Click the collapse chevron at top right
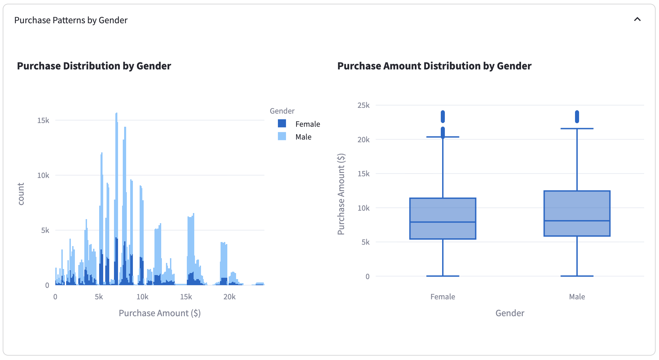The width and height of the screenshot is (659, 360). (637, 20)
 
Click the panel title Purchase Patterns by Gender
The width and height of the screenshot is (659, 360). (71, 20)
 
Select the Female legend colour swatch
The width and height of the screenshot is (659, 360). (282, 124)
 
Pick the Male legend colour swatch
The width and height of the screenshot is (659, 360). (282, 137)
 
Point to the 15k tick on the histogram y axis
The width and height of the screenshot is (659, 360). (43, 120)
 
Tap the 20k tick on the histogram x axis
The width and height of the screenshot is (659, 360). (229, 297)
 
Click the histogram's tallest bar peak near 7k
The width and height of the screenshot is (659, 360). (116, 114)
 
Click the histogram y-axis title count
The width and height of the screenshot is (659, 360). (21, 194)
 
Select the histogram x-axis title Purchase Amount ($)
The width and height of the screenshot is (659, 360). (160, 313)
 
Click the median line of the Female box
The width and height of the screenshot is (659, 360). (442, 222)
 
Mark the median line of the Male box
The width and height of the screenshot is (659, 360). (577, 221)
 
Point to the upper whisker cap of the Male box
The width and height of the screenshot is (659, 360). (577, 128)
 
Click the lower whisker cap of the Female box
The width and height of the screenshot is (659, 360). (442, 276)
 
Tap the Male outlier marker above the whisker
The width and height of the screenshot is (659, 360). (577, 117)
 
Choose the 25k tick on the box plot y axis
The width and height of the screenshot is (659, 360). (364, 105)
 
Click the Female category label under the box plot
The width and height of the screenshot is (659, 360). (442, 297)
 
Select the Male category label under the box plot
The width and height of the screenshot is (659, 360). (577, 297)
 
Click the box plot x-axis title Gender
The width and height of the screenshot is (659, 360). (510, 313)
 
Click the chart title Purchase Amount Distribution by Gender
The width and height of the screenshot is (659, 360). (434, 66)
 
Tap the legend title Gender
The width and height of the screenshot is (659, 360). (282, 111)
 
